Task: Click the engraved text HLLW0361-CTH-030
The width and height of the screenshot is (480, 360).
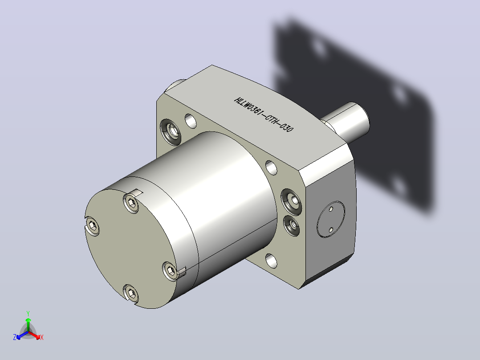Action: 264,115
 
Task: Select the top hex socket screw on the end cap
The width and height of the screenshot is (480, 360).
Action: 131,204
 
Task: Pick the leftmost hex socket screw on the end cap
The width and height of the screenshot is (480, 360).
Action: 92,226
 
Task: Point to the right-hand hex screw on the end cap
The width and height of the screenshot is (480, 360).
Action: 170,270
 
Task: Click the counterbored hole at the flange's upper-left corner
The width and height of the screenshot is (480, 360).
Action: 171,132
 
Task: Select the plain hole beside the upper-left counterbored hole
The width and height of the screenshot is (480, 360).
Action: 191,121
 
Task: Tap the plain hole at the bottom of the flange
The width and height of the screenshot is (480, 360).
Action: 271,261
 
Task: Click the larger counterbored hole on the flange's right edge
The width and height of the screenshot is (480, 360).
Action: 291,201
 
